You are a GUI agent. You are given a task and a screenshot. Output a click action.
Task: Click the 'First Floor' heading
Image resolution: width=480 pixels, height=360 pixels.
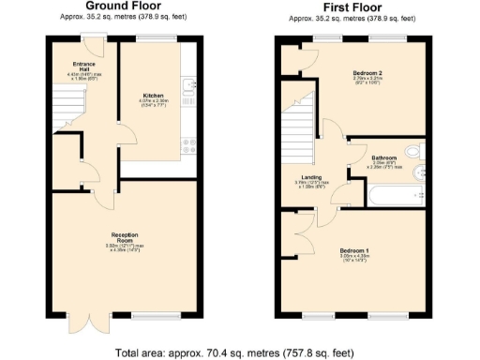(x=350, y=6)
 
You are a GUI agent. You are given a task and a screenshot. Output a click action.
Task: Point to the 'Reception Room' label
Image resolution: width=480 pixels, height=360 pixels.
(x=125, y=236)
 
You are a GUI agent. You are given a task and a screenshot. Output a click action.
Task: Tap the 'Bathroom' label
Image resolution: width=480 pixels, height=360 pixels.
(x=383, y=157)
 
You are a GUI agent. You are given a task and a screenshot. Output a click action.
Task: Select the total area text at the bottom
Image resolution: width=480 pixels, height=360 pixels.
(x=235, y=352)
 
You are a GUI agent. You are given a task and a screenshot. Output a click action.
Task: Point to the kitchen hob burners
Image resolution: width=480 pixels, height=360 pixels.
(x=188, y=144)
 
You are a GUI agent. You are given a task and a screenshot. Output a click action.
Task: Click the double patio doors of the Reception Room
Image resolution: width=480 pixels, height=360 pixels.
(x=82, y=323)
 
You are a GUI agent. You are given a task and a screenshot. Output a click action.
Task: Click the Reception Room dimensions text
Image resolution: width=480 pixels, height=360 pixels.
(x=125, y=248)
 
